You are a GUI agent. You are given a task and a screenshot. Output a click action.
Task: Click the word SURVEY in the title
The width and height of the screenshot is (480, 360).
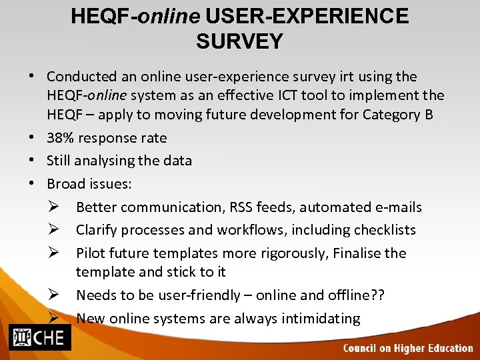[x=239, y=41]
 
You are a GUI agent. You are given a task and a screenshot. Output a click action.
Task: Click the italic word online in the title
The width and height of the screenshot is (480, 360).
[x=171, y=16]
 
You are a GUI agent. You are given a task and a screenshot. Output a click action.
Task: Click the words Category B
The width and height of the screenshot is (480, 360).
[x=397, y=115]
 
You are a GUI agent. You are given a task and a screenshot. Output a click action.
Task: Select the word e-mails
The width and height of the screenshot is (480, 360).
[x=396, y=207]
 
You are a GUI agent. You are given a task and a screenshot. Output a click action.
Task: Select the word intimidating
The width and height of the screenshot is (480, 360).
[x=317, y=318]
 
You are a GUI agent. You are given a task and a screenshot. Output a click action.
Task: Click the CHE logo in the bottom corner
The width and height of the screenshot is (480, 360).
[x=38, y=337]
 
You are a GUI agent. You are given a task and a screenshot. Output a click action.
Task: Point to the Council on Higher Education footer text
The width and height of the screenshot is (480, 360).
[x=407, y=348]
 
